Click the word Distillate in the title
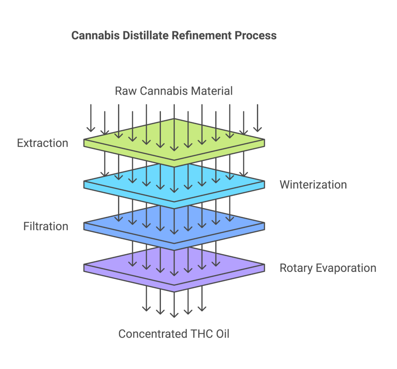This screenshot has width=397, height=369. [x=137, y=36]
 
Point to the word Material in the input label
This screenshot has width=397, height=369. [x=213, y=91]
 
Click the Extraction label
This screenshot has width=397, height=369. [x=43, y=143]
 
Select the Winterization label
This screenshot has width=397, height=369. [x=313, y=184]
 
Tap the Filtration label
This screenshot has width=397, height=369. [x=46, y=226]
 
